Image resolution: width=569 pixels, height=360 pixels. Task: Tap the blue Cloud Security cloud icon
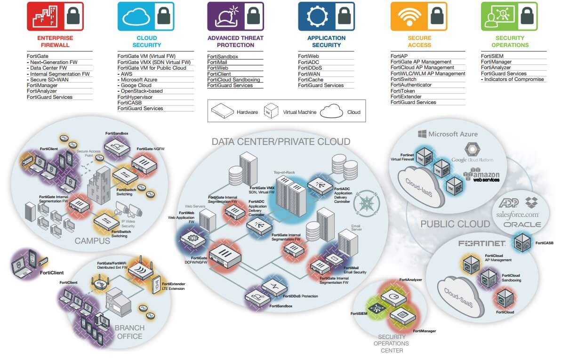136,16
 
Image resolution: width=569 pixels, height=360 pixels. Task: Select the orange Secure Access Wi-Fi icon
409,16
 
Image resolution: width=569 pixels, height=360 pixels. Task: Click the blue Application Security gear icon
317,16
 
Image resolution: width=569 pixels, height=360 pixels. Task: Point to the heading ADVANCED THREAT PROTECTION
235,41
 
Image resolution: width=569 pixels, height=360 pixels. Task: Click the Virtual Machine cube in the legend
271,112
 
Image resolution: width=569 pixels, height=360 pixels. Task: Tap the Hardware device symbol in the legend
222,112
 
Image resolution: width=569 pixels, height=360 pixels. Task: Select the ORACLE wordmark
522,224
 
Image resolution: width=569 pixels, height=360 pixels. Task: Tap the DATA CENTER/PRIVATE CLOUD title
281,142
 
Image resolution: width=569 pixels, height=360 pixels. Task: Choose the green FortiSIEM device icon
377,308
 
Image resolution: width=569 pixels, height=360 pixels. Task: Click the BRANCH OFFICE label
129,332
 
